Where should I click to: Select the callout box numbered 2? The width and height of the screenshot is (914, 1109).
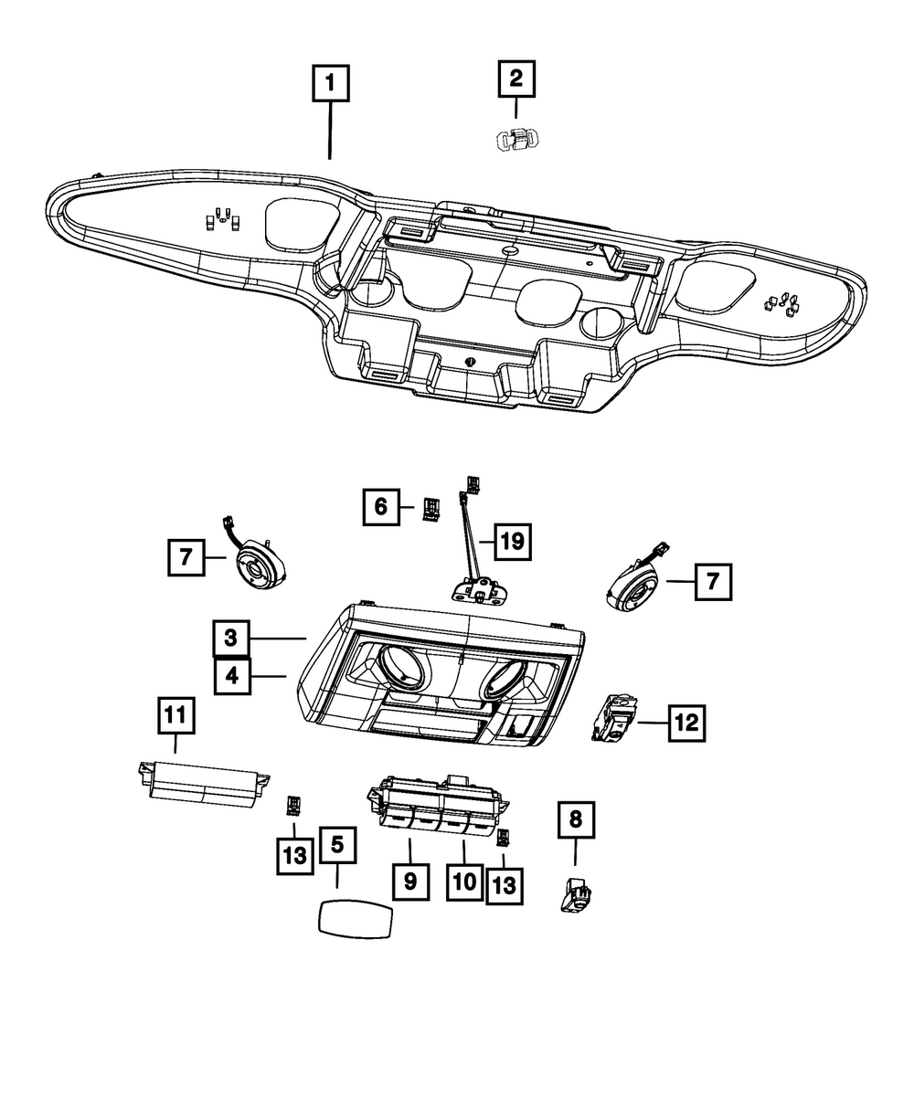(x=515, y=79)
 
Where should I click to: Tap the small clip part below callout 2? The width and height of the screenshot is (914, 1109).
(x=516, y=140)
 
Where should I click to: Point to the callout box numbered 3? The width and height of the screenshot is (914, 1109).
(x=232, y=638)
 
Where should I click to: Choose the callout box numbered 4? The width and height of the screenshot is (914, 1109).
(x=232, y=677)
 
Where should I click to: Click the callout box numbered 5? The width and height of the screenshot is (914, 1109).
(x=337, y=846)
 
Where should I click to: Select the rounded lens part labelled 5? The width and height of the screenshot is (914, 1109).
(x=355, y=916)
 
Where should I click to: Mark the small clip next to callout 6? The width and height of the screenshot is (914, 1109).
(x=430, y=508)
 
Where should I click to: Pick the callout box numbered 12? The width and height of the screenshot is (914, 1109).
(x=686, y=723)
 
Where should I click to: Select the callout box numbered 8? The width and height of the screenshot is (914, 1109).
(x=575, y=819)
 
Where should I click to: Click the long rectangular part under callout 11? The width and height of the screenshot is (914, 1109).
(x=200, y=782)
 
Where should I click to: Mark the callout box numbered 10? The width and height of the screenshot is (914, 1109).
(x=464, y=882)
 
